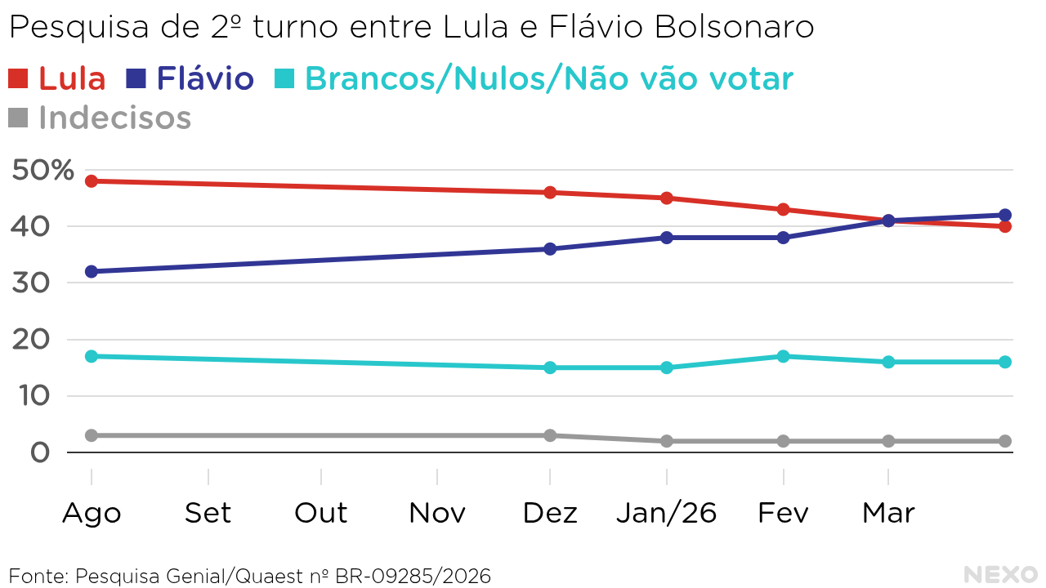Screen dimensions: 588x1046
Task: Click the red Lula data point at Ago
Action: (92, 181)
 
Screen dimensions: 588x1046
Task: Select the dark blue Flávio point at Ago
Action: (92, 271)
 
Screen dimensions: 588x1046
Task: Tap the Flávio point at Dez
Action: (550, 248)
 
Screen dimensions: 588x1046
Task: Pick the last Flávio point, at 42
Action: (1004, 215)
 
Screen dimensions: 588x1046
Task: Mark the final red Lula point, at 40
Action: (1004, 226)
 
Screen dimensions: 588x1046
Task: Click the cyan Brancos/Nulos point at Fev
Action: (783, 356)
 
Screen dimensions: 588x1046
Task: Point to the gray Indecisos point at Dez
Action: (550, 435)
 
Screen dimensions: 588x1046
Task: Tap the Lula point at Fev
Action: (783, 209)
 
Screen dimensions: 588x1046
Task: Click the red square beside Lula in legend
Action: (18, 78)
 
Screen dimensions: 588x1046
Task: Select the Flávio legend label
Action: (205, 78)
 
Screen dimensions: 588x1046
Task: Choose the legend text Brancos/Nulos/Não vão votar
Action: (548, 78)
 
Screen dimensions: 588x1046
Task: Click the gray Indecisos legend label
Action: (114, 118)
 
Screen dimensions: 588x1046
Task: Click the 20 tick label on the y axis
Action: (30, 340)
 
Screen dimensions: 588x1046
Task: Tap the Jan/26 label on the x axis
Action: (666, 513)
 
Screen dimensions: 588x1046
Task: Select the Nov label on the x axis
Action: (437, 513)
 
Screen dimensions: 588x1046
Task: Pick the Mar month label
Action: (888, 513)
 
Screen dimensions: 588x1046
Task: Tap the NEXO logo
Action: (1000, 574)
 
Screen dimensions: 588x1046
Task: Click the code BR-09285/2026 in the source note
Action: (413, 576)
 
